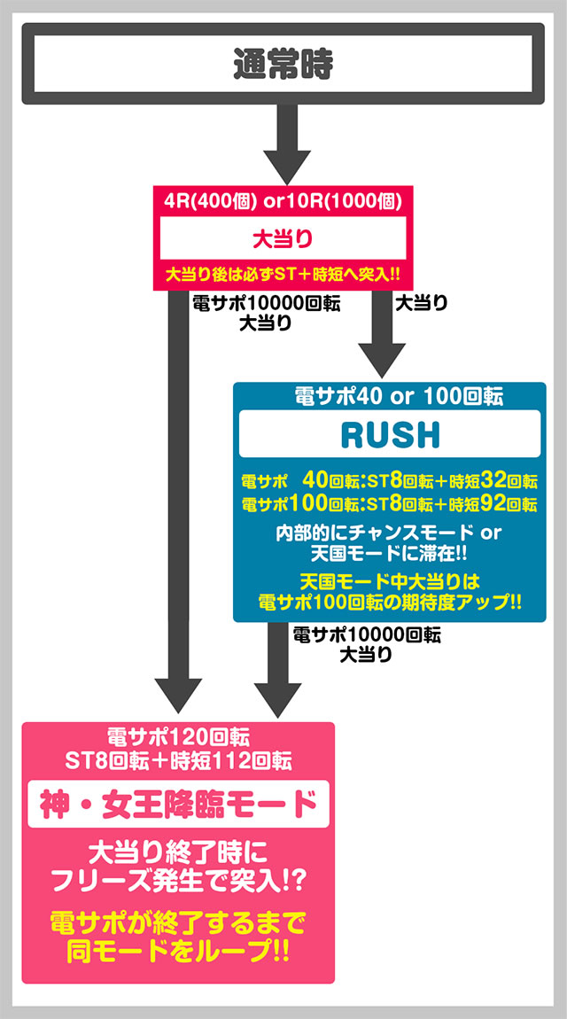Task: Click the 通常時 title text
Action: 283,64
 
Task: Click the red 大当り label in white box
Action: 283,239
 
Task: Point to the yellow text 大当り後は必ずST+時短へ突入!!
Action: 283,275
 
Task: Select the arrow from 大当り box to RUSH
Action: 381,334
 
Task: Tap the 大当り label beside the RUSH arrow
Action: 422,303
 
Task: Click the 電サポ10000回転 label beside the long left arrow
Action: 267,304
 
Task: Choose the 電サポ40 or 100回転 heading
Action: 390,396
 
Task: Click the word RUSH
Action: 390,436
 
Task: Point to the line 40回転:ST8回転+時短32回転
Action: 420,482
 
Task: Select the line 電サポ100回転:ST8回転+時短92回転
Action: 389,503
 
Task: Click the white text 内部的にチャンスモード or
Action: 389,533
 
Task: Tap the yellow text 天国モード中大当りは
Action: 389,579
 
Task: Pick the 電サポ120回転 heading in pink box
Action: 177,738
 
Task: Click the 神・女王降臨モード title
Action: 178,804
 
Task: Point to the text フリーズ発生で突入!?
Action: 178,881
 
